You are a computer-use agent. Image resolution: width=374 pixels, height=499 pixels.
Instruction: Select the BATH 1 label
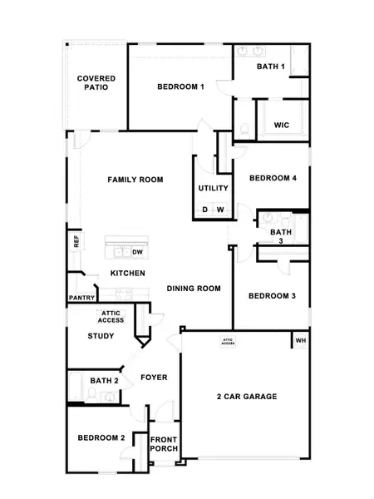271,66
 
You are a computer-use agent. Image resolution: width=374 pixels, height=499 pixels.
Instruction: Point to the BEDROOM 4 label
273,178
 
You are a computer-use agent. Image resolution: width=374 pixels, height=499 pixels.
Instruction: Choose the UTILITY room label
213,188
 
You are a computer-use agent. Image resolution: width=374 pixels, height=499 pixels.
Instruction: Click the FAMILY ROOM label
135,180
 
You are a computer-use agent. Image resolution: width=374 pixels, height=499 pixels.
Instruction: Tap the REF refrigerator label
76,241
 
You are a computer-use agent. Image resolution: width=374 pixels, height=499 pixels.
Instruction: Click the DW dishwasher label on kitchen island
138,251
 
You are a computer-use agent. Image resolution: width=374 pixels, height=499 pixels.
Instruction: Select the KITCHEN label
128,274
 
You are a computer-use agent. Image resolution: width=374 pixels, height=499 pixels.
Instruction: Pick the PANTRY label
81,297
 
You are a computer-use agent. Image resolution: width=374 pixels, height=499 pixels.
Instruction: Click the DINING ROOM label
193,289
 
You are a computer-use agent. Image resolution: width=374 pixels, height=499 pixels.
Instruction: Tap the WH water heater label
301,340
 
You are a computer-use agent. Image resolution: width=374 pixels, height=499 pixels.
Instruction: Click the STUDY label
101,336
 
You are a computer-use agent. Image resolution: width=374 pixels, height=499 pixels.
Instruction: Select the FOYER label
153,378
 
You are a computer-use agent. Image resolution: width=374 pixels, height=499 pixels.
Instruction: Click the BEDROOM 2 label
101,438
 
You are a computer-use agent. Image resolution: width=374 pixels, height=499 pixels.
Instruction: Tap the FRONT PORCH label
164,443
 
